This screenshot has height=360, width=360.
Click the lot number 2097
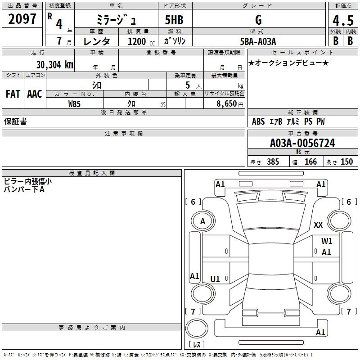(22, 19)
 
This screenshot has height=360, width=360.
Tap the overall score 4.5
(342, 21)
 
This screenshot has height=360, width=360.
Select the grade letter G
(258, 20)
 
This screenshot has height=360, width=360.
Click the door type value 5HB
(174, 20)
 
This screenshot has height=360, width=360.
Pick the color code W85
(75, 103)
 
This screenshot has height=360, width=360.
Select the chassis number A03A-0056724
(302, 143)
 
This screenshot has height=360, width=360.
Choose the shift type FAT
(13, 94)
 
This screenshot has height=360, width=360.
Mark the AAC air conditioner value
(34, 94)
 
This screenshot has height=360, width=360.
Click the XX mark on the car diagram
(318, 225)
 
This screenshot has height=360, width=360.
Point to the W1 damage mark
(327, 241)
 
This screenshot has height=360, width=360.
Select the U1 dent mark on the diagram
(215, 279)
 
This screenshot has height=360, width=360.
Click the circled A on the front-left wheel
(202, 221)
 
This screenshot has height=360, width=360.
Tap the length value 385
(272, 162)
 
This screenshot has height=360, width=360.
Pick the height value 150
(346, 162)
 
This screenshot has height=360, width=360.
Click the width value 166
(310, 162)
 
